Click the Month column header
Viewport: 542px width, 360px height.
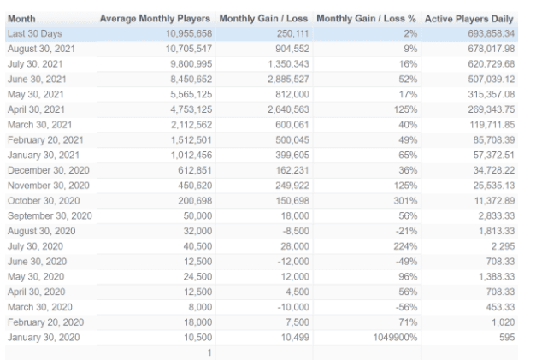pyautogui.click(x=21, y=19)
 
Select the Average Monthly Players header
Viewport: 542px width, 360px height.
pyautogui.click(x=155, y=19)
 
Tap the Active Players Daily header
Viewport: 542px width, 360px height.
pyautogui.click(x=469, y=19)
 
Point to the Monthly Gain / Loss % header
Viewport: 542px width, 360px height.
pyautogui.click(x=367, y=19)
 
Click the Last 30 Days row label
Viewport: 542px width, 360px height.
pyautogui.click(x=34, y=33)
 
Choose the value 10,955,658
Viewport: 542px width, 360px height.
pyautogui.click(x=189, y=33)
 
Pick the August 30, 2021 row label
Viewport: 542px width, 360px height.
pyautogui.click(x=41, y=49)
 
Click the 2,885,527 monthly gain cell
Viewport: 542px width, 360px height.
pyautogui.click(x=288, y=80)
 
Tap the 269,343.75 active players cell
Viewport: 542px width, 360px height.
pyautogui.click(x=492, y=109)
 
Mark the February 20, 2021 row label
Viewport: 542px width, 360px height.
pyautogui.click(x=45, y=140)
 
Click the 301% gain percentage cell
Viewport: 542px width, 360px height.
pyautogui.click(x=405, y=201)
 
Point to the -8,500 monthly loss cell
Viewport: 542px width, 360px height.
pyautogui.click(x=296, y=231)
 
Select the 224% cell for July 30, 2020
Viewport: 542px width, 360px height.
pyautogui.click(x=405, y=246)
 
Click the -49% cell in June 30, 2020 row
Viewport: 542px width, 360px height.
pyautogui.click(x=407, y=262)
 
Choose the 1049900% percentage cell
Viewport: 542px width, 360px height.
pyautogui.click(x=395, y=338)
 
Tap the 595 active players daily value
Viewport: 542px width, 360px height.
pyautogui.click(x=507, y=338)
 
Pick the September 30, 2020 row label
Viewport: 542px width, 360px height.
pyautogui.click(x=50, y=215)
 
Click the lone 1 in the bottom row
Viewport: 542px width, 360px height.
pyautogui.click(x=209, y=353)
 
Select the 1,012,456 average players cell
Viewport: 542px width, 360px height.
pyautogui.click(x=191, y=156)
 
